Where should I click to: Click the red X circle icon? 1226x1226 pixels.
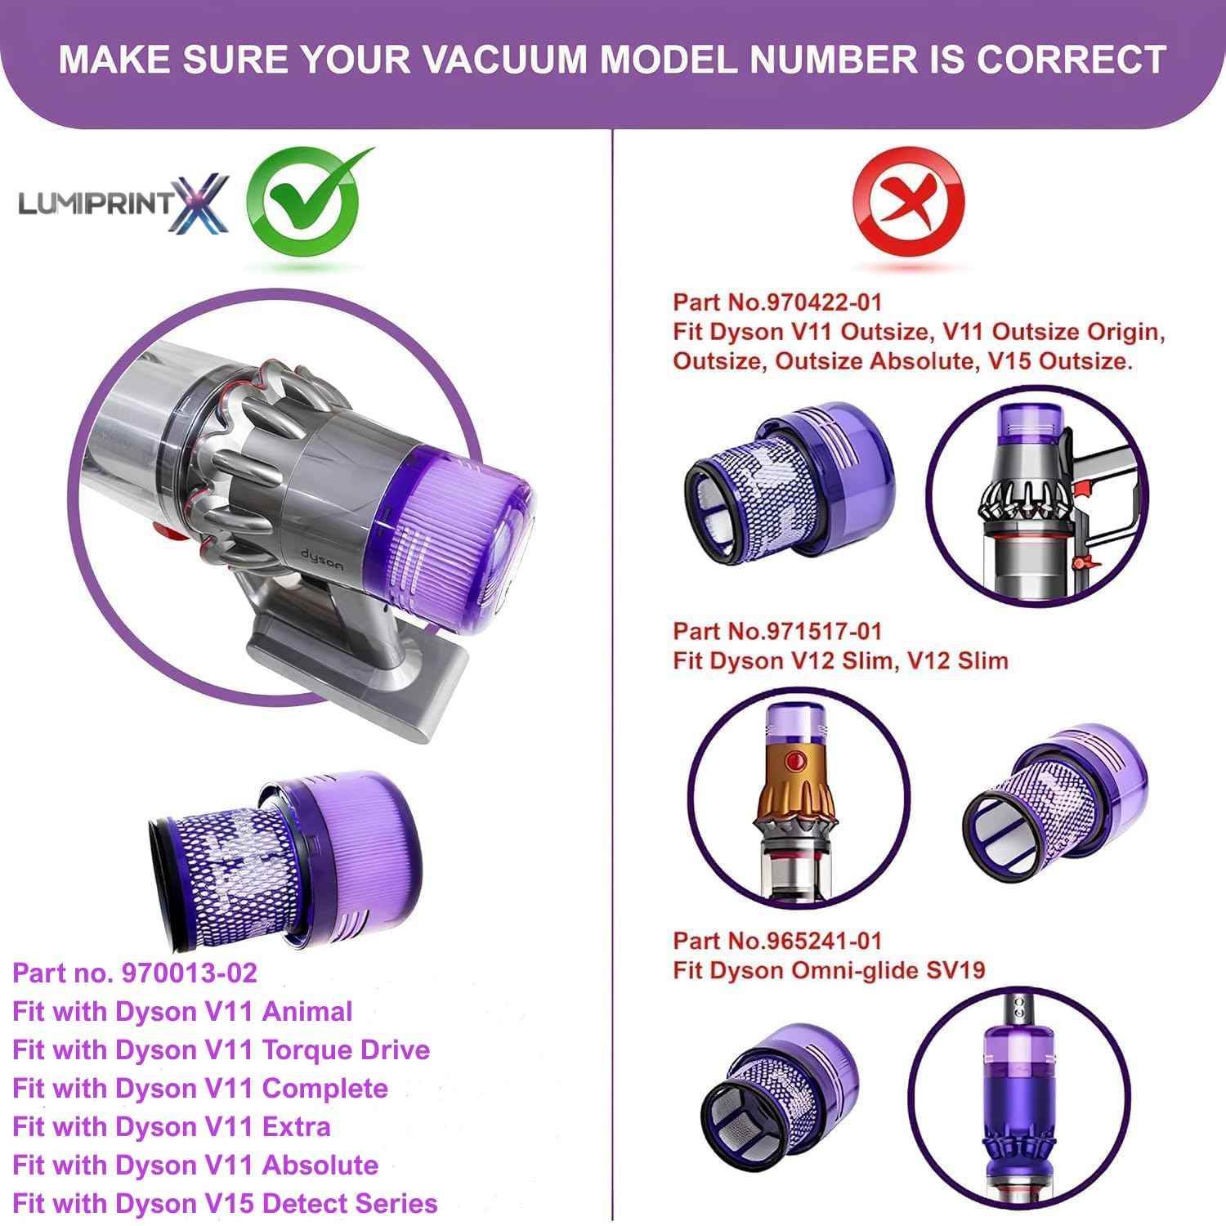[x=908, y=203]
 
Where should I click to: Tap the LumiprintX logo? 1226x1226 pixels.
[x=123, y=203]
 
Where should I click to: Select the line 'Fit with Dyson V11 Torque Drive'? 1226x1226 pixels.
[x=221, y=1049]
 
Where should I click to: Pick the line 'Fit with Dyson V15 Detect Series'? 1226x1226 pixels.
[x=225, y=1203]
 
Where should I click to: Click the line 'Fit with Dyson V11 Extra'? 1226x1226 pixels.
[x=172, y=1126]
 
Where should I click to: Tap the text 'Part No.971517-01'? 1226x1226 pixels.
[x=777, y=630]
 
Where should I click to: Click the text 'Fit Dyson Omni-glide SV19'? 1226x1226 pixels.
[x=829, y=970]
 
